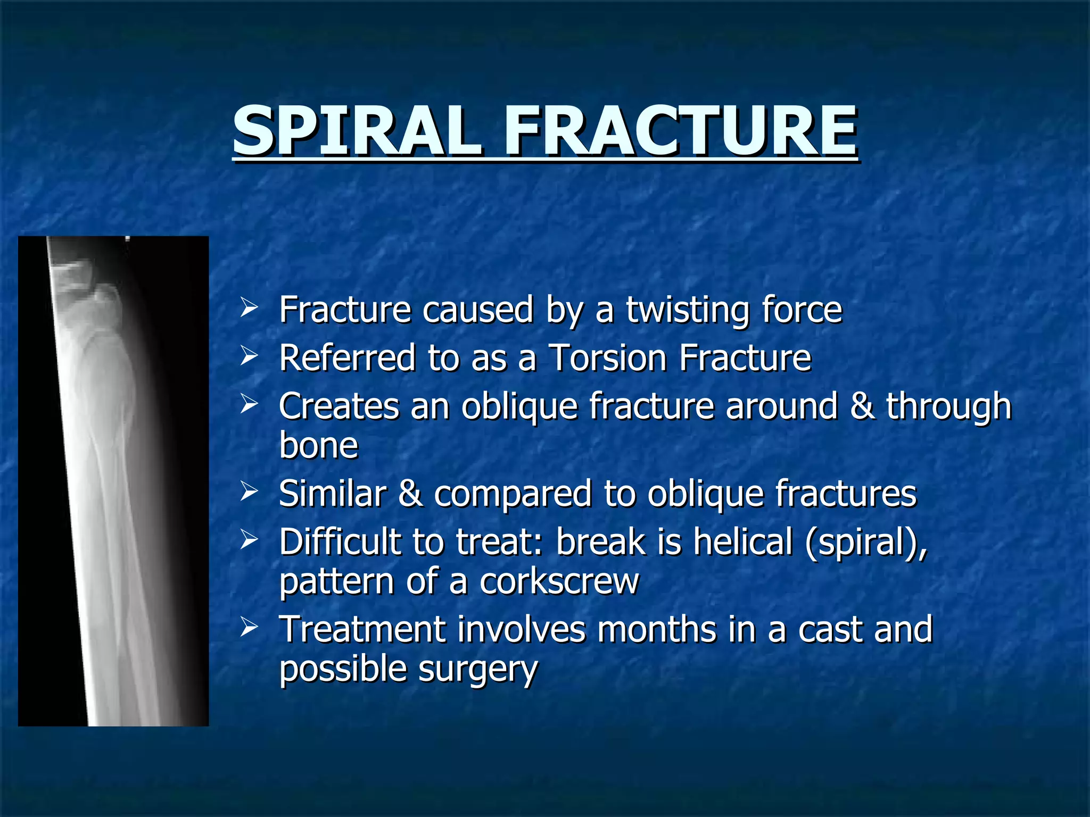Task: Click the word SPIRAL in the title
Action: [356, 130]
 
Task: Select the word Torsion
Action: [607, 357]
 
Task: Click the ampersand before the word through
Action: [862, 406]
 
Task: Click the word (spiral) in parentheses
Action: [865, 543]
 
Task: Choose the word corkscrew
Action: [559, 581]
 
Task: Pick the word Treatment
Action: [362, 629]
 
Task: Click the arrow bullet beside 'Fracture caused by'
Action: [249, 307]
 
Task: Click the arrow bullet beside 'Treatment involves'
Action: [249, 627]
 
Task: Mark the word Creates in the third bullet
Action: [338, 406]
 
